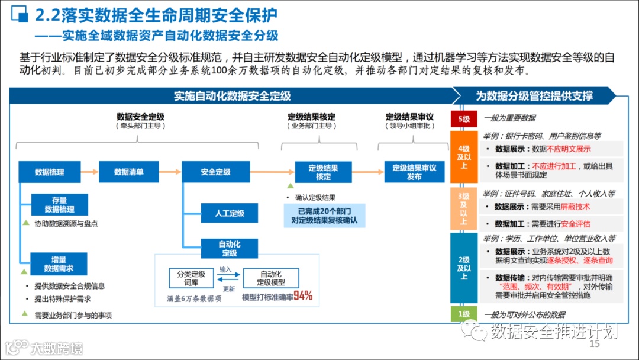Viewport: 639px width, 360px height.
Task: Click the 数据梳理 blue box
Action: pyautogui.click(x=49, y=172)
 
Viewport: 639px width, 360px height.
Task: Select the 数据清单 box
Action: pyautogui.click(x=128, y=172)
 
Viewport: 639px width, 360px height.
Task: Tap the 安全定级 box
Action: pyautogui.click(x=215, y=172)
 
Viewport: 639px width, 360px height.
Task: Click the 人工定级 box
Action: pyautogui.click(x=229, y=213)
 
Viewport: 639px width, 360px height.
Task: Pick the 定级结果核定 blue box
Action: pyautogui.click(x=323, y=172)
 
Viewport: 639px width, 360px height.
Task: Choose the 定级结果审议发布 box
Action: pyautogui.click(x=414, y=172)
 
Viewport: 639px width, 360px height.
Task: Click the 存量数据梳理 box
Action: pyautogui.click(x=59, y=205)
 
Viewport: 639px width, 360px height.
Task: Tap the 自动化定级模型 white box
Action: pyautogui.click(x=270, y=278)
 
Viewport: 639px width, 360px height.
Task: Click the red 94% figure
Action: pyautogui.click(x=303, y=296)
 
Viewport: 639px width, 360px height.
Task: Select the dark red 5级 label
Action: pyautogui.click(x=463, y=118)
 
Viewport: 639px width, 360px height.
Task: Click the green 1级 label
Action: pyautogui.click(x=463, y=314)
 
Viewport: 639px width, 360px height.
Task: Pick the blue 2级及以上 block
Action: pyautogui.click(x=463, y=268)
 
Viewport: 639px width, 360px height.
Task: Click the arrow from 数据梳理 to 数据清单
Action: pyautogui.click(x=89, y=172)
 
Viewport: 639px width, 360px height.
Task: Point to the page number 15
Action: pyautogui.click(x=595, y=344)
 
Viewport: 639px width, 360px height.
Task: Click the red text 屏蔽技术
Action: pyautogui.click(x=575, y=207)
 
